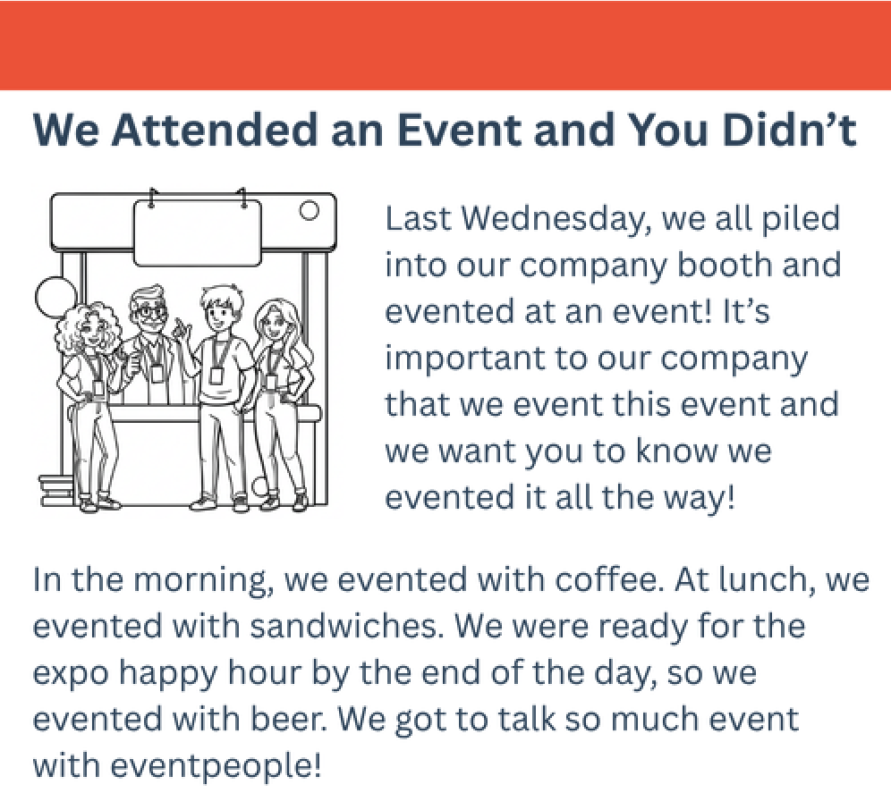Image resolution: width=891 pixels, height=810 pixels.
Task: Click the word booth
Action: point(726,266)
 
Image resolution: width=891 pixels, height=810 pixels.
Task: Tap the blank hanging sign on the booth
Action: point(197,232)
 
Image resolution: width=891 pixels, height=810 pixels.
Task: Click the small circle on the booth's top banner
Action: point(310,211)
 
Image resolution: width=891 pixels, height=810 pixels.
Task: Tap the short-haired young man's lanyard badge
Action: point(216,375)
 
